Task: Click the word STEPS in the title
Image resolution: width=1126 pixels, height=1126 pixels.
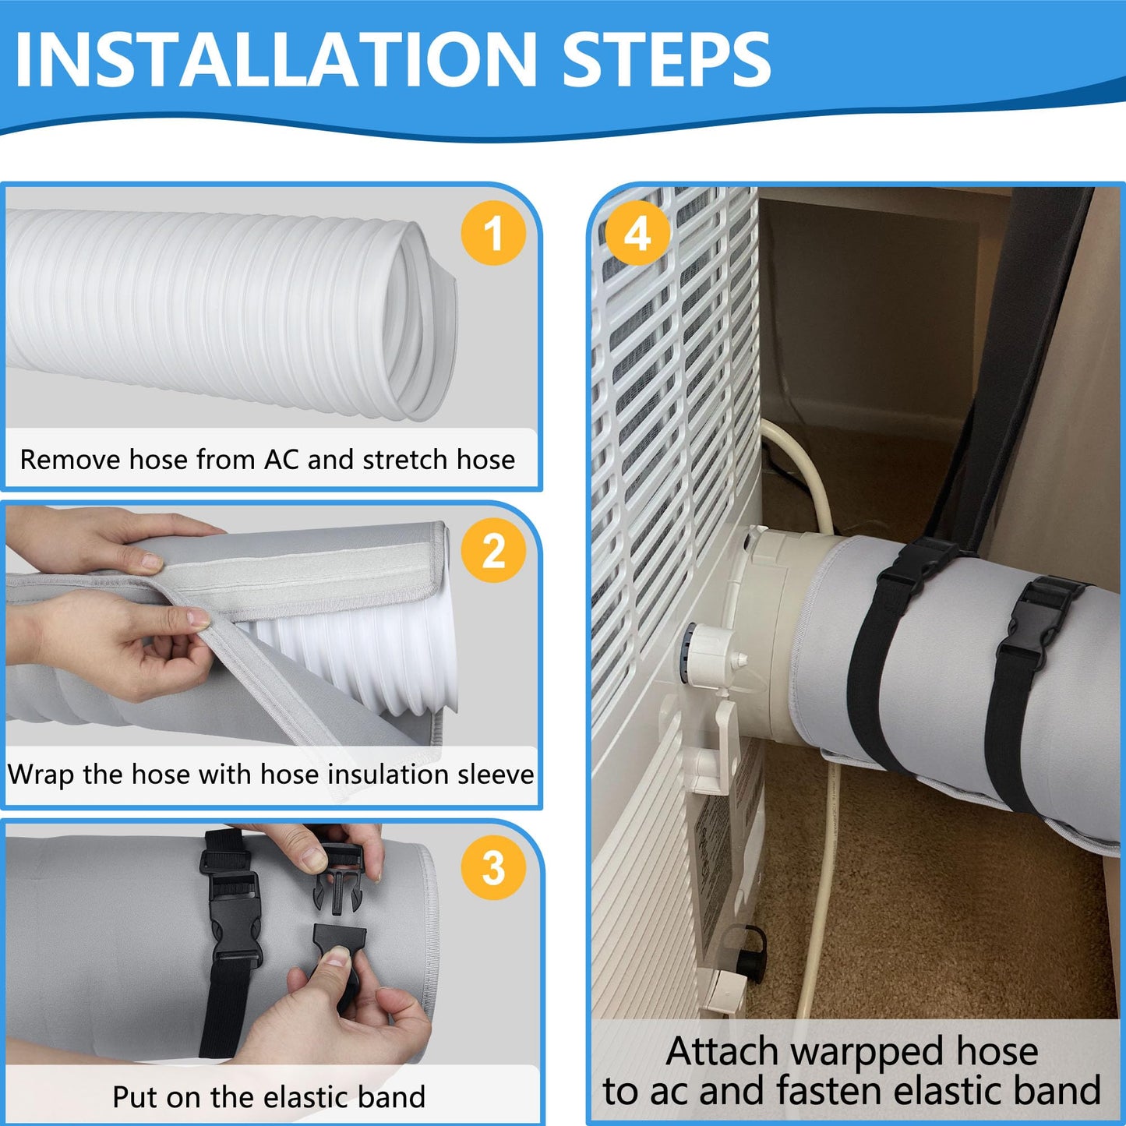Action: pyautogui.click(x=665, y=60)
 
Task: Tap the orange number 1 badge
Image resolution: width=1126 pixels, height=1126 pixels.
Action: pyautogui.click(x=492, y=233)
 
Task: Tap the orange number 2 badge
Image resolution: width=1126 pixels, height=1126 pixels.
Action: pyautogui.click(x=492, y=551)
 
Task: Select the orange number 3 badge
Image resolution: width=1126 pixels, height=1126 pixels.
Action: pyautogui.click(x=492, y=867)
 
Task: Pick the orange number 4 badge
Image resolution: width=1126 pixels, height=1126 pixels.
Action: pyautogui.click(x=637, y=233)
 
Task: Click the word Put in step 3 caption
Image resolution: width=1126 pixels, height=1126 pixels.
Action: pyautogui.click(x=135, y=1097)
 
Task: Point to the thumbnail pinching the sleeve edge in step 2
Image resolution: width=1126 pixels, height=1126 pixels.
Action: pyautogui.click(x=197, y=619)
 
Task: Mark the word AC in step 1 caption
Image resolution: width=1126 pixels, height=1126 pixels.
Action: pyautogui.click(x=281, y=460)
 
